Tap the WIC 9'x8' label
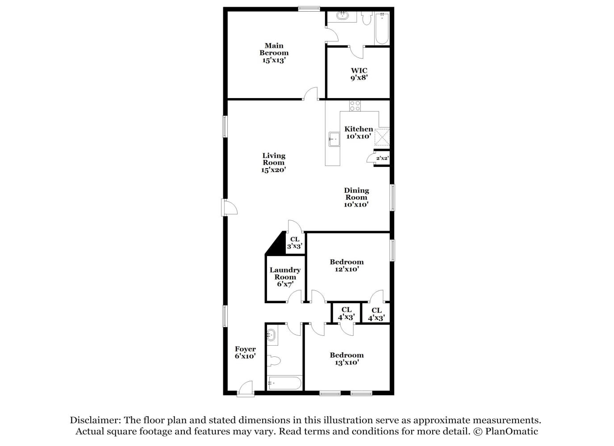coord(359,74)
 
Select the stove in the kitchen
coord(355,106)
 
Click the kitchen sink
coord(334,139)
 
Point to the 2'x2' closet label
coord(382,158)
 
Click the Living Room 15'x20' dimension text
coord(274,170)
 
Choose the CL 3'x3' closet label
coord(295,243)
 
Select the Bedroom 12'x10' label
coord(347,265)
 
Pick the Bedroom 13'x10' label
coord(347,359)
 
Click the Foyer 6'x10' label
coord(245,352)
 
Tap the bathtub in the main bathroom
coord(382,28)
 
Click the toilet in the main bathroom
coord(367,18)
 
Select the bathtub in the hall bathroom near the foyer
coord(285,383)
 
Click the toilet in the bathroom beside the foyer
coord(274,360)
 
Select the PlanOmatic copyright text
coord(506,431)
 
